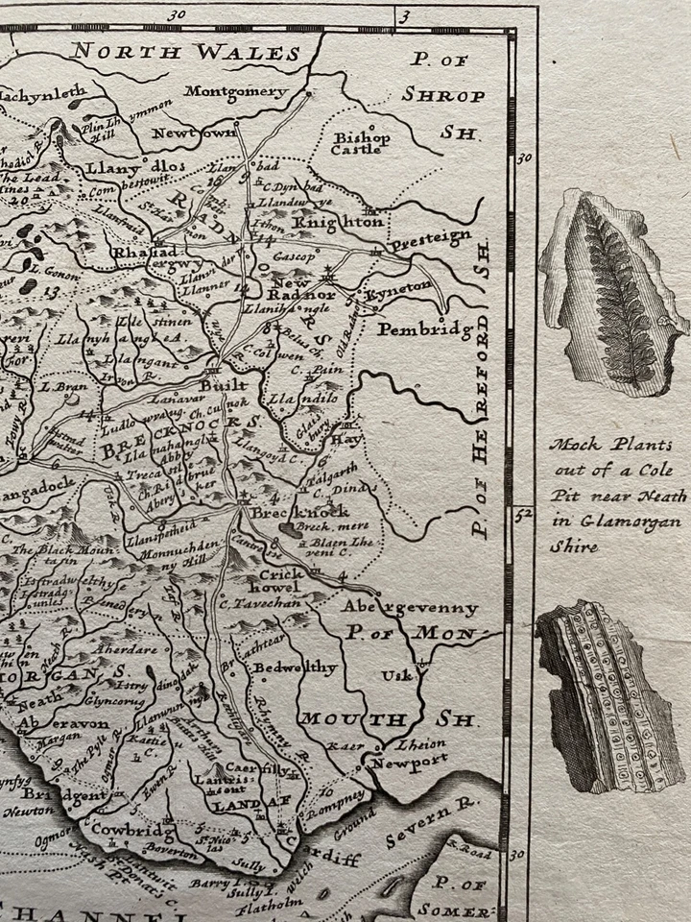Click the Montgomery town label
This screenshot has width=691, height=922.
[236, 92]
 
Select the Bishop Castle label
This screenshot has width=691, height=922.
[361, 143]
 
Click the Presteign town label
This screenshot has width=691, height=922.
[430, 236]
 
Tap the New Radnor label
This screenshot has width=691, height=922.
[303, 288]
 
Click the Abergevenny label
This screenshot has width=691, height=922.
[410, 609]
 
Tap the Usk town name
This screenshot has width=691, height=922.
[395, 675]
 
